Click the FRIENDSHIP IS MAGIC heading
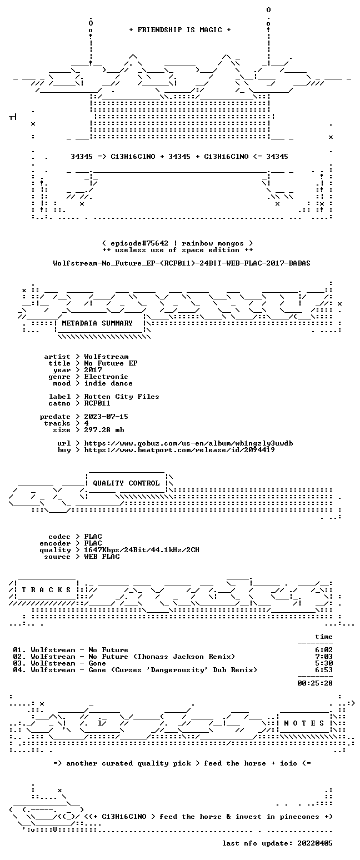click(x=180, y=30)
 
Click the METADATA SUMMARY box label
click(x=97, y=323)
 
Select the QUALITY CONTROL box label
click(x=126, y=483)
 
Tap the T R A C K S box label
click(x=47, y=590)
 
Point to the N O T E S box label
click(x=304, y=723)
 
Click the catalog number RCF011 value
click(x=97, y=403)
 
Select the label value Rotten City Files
click(x=122, y=397)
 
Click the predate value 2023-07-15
click(x=106, y=417)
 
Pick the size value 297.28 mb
click(x=104, y=430)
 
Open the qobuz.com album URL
click(x=188, y=443)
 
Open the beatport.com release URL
click(x=179, y=450)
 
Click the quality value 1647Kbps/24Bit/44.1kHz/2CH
click(x=142, y=550)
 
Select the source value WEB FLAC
click(x=102, y=557)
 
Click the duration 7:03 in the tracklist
click(x=324, y=657)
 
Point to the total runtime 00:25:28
click(x=314, y=683)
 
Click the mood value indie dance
click(x=108, y=383)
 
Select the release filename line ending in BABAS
click(x=182, y=263)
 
